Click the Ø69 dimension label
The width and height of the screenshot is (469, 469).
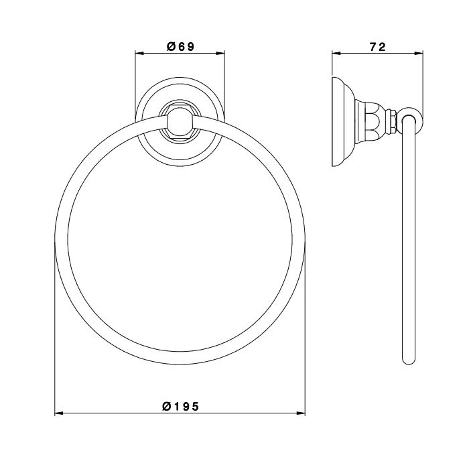(x=180, y=47)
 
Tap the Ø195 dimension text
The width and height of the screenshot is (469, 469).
(x=180, y=407)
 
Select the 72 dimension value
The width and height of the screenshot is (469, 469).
(x=378, y=47)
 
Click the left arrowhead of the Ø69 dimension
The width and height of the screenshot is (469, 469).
(x=139, y=54)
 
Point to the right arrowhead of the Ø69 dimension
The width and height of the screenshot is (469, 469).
(x=220, y=54)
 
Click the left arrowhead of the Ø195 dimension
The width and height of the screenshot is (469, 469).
(x=59, y=413)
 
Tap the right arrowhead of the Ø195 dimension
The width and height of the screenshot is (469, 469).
(x=301, y=413)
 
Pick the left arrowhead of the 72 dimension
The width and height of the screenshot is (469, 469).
(x=336, y=54)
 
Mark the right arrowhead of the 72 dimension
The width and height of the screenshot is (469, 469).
(x=419, y=54)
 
